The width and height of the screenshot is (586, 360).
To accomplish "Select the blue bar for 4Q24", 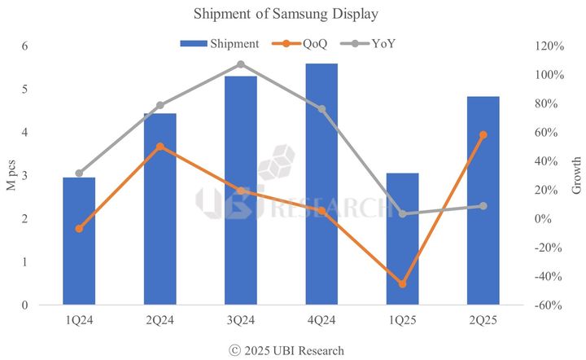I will click(x=321, y=184).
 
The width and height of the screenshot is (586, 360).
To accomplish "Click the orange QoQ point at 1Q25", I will click(x=402, y=283).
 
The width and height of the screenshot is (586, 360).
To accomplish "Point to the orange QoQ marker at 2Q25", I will click(x=483, y=135).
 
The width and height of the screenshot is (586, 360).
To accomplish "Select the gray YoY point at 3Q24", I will click(x=241, y=64).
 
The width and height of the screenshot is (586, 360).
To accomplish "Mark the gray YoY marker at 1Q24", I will click(x=79, y=173).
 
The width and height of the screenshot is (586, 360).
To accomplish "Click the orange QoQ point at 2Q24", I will click(x=160, y=147).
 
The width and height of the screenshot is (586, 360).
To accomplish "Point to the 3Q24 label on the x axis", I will click(x=241, y=320).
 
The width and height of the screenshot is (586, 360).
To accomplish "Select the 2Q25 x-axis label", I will click(x=483, y=320).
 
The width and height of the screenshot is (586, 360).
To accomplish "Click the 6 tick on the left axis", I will click(x=25, y=46).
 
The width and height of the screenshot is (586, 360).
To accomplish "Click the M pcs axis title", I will click(x=11, y=175).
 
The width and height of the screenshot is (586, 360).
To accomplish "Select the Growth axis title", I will click(x=576, y=175).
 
